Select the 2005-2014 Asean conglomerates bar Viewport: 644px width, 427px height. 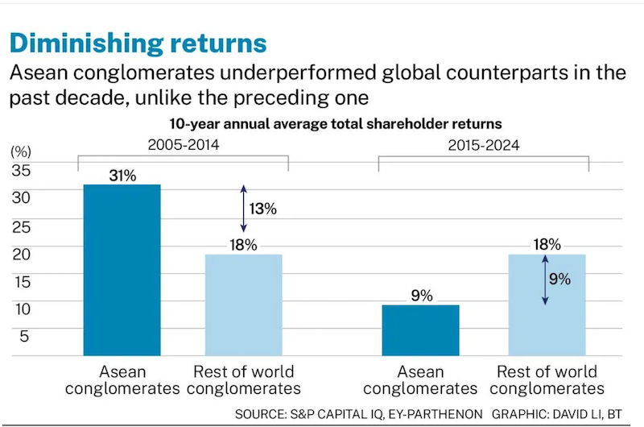pyautogui.click(x=122, y=270)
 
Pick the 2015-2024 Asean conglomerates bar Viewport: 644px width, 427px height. pyautogui.click(x=420, y=330)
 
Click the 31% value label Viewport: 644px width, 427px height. pyautogui.click(x=122, y=174)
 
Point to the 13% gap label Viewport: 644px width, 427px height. pyautogui.click(x=263, y=209)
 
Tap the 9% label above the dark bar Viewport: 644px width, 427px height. pyautogui.click(x=420, y=295)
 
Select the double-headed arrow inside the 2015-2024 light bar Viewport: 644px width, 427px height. pyautogui.click(x=545, y=280)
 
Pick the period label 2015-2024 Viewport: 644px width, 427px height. pyautogui.click(x=484, y=146)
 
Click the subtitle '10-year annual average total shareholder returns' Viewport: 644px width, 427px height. pyautogui.click(x=336, y=124)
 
